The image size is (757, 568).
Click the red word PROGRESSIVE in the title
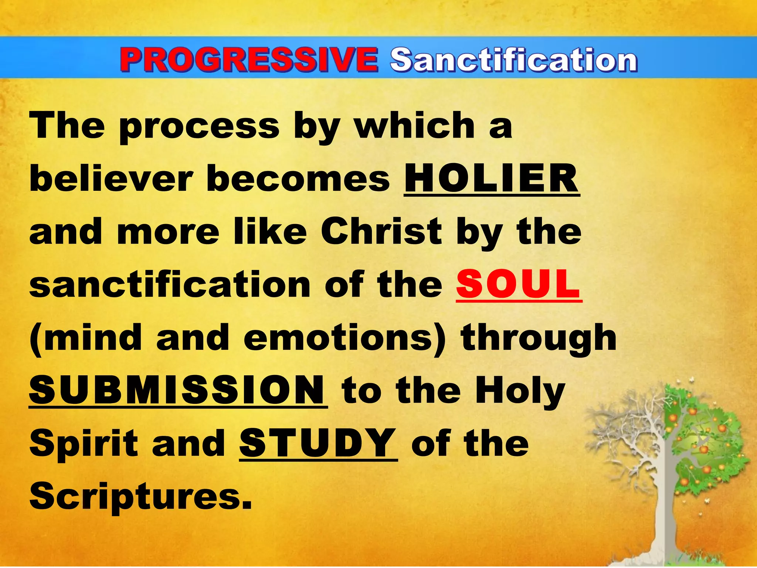(x=248, y=60)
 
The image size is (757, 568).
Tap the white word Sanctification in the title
(x=514, y=60)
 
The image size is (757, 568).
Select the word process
(x=200, y=128)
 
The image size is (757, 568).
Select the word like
(x=270, y=232)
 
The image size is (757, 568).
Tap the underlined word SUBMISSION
(x=177, y=390)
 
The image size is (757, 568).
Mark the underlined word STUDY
(x=318, y=443)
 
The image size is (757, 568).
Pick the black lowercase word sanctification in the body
(x=170, y=284)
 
